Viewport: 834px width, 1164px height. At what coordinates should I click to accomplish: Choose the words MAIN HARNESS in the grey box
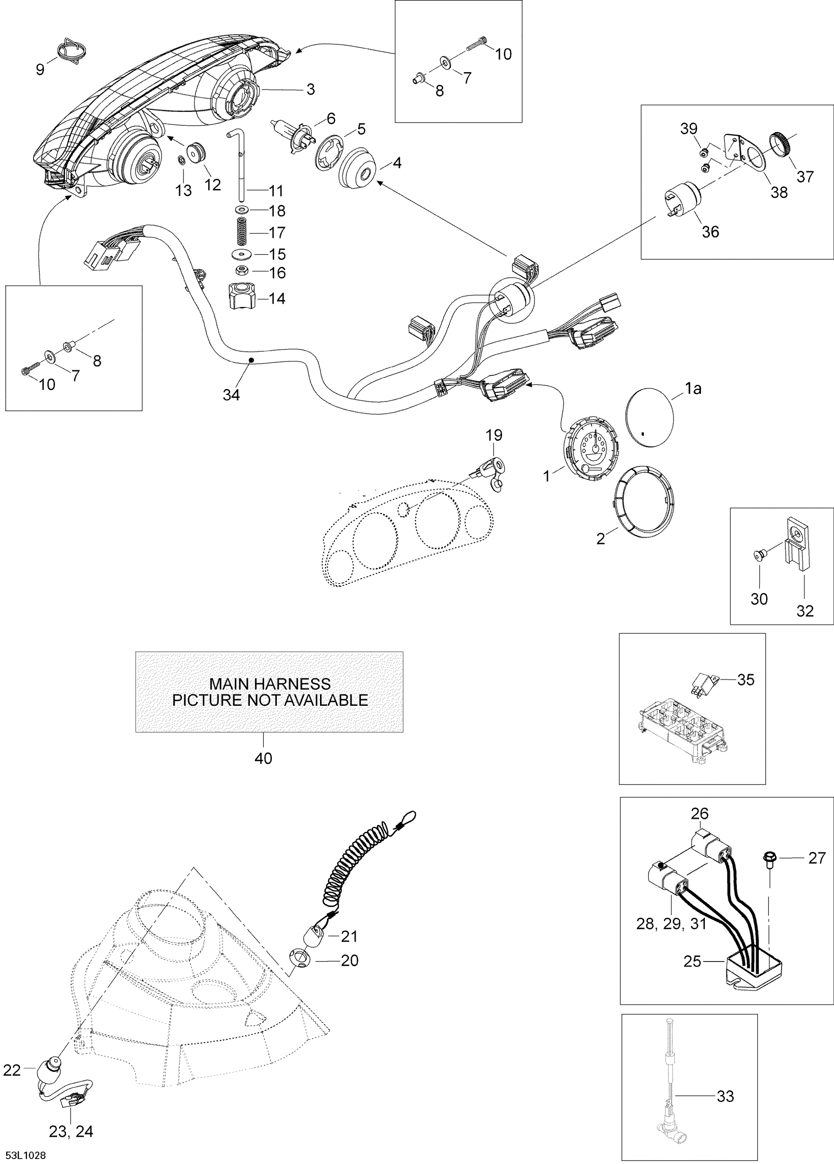click(270, 684)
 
